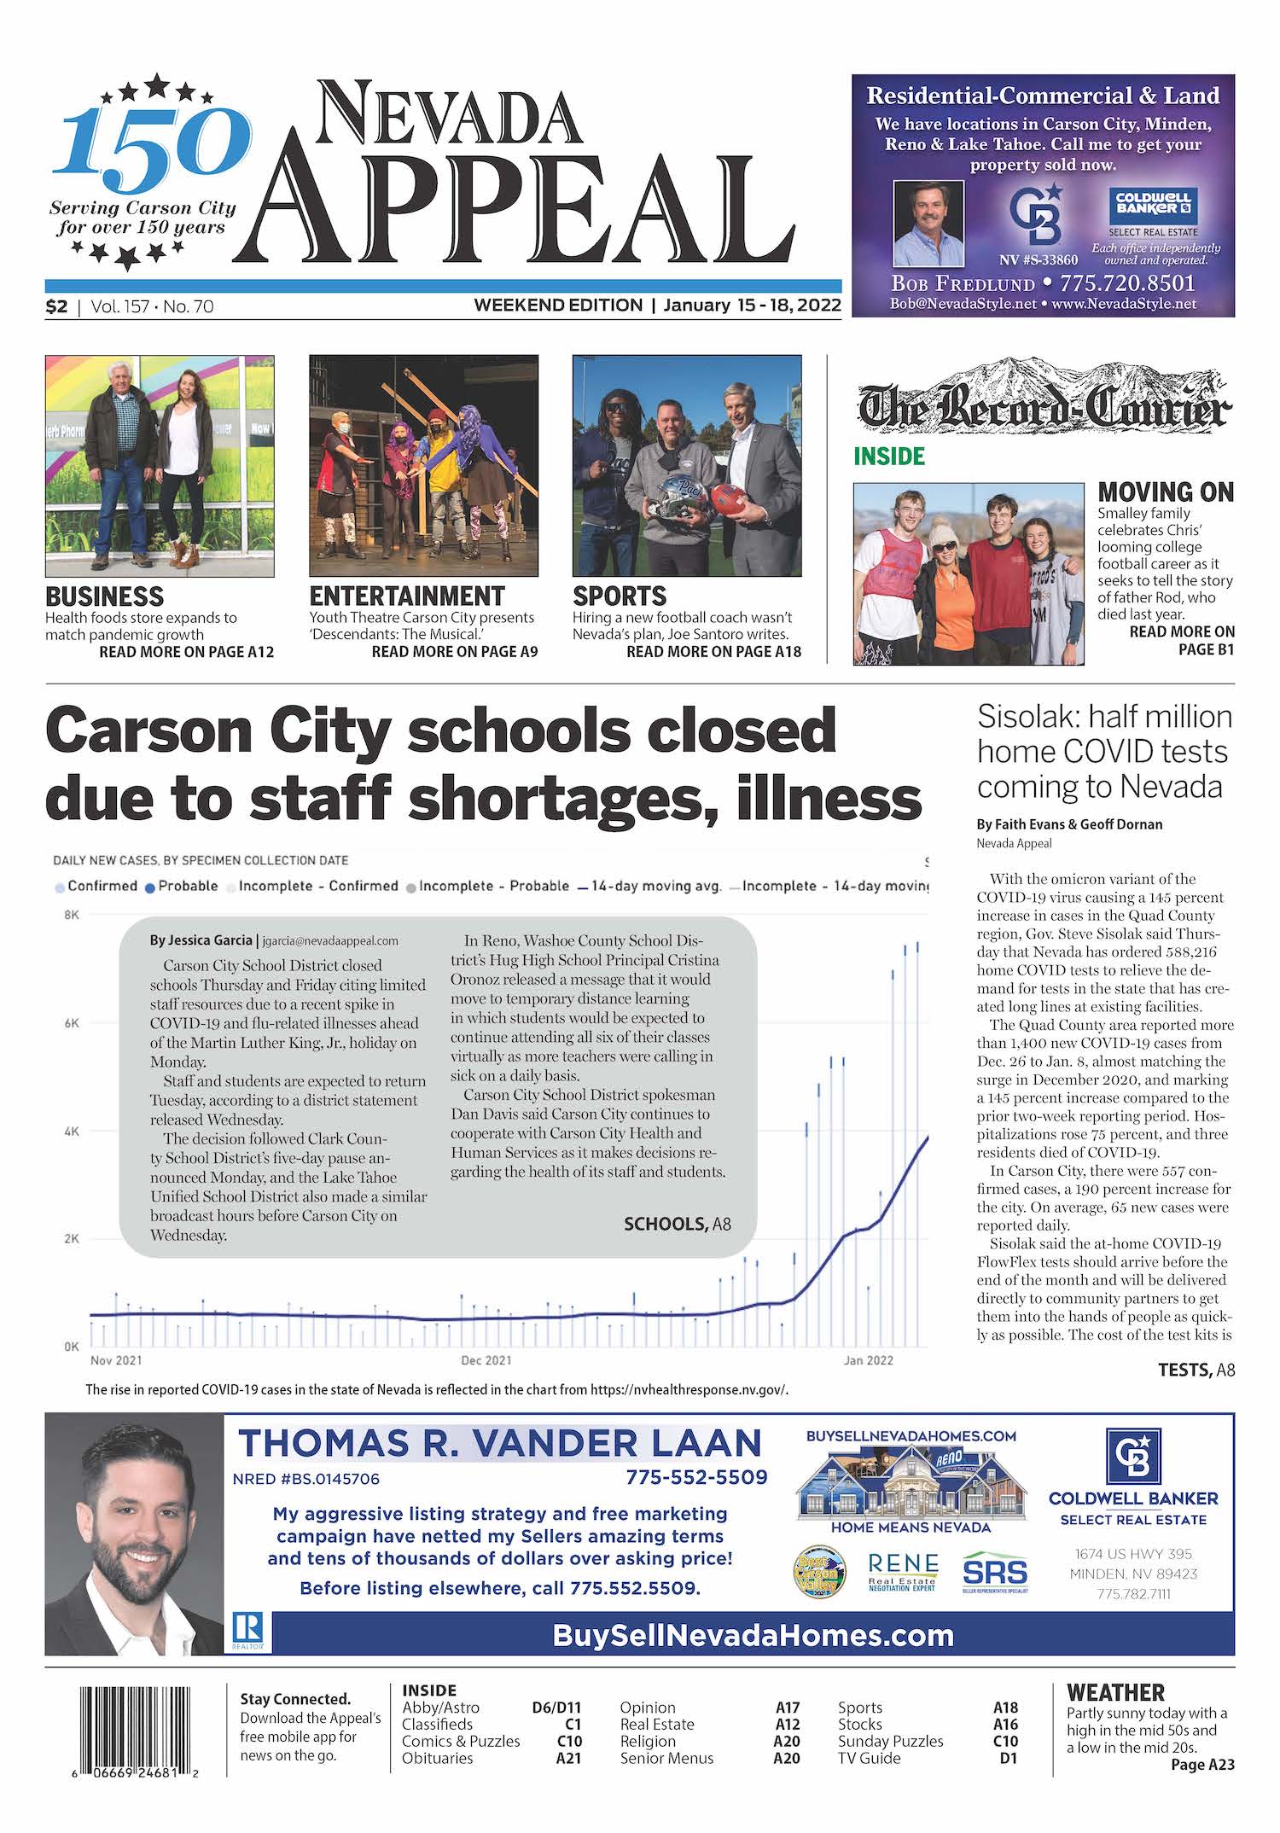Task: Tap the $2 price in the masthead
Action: point(56,306)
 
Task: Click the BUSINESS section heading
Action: point(104,596)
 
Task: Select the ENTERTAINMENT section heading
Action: point(406,596)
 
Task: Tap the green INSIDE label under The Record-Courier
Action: point(889,457)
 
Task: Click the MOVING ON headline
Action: point(1166,492)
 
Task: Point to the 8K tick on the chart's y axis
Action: point(72,915)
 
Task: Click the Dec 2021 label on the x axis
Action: point(486,1360)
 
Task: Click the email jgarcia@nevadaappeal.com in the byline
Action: point(330,940)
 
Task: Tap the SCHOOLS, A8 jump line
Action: point(677,1225)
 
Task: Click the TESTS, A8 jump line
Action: point(1196,1370)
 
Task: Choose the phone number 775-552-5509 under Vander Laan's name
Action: point(696,1477)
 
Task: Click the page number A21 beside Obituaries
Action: point(568,1758)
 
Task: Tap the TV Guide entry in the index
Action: point(869,1758)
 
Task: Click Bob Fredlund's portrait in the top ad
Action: point(928,224)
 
